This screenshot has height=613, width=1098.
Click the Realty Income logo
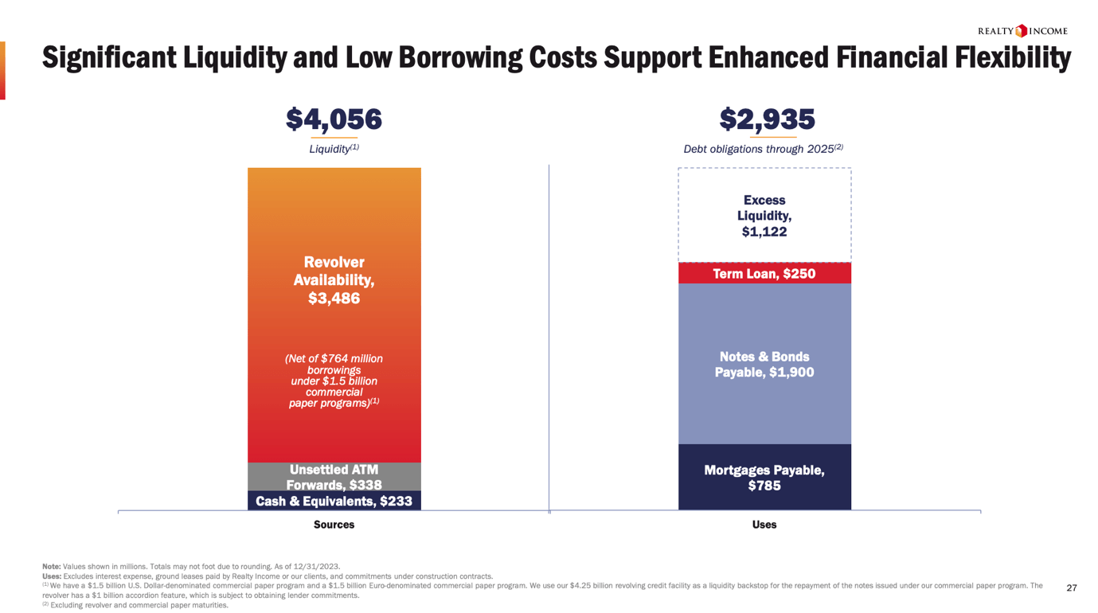(1022, 31)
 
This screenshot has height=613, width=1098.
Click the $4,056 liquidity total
(334, 119)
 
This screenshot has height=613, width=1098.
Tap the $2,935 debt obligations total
(767, 119)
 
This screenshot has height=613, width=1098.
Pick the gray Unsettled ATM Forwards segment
(334, 477)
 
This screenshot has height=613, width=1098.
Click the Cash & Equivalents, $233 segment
(334, 501)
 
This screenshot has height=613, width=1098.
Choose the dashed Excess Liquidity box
(764, 216)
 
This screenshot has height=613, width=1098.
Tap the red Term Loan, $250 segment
(764, 274)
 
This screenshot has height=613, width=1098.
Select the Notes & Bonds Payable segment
(764, 365)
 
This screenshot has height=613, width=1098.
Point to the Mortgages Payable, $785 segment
(764, 478)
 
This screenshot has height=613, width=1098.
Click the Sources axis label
(334, 525)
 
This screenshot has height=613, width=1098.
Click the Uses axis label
(764, 525)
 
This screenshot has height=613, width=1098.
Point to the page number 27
(1071, 588)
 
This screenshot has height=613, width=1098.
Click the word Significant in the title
(108, 58)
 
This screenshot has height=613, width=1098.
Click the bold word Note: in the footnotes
(51, 567)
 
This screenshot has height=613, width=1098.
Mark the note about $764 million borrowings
(334, 381)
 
